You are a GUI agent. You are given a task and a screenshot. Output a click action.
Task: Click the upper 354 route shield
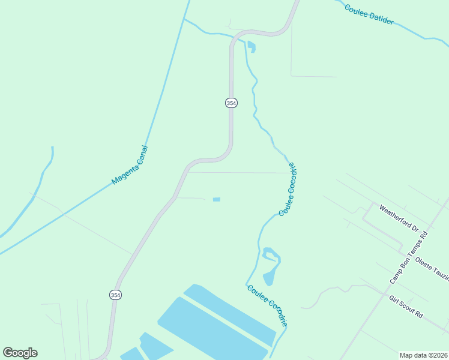[x=231, y=103]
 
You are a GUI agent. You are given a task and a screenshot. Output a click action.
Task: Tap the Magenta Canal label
[x=130, y=166]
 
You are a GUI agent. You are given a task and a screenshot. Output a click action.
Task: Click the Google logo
[x=20, y=352]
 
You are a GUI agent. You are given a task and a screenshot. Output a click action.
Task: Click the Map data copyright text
[x=423, y=355]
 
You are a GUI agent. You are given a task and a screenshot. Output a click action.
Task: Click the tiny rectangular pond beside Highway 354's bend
[x=217, y=199]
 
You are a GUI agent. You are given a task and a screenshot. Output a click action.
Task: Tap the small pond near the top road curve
[x=251, y=46]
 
